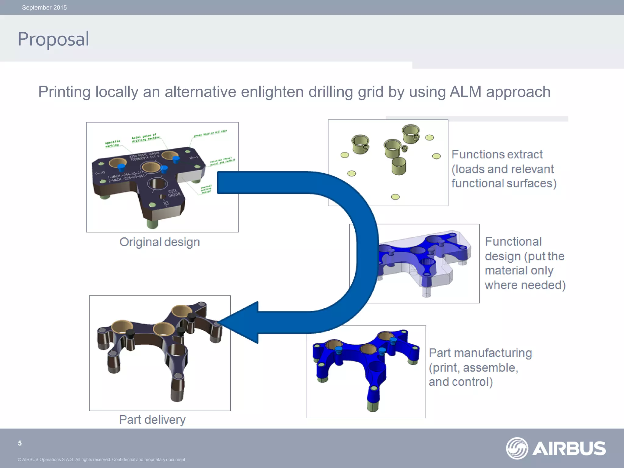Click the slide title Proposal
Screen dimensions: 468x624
click(x=53, y=39)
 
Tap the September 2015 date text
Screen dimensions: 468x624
click(x=44, y=8)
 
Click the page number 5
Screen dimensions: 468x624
click(x=20, y=443)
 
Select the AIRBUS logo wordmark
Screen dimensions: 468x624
click(x=569, y=448)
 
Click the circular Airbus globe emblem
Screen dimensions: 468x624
click(x=517, y=448)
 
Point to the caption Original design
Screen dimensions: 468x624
click(x=159, y=242)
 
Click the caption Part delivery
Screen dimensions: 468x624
click(x=152, y=420)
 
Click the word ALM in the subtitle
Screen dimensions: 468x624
click(x=466, y=92)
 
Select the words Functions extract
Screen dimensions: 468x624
click(x=497, y=154)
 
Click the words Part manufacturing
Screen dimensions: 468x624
click(x=480, y=353)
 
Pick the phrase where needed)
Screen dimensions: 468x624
click(x=525, y=285)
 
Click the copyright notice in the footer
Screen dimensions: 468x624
click(x=102, y=459)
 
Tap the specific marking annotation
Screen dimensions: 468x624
click(x=112, y=144)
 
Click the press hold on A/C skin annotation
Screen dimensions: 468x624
click(x=210, y=133)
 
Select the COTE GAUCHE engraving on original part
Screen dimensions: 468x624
click(x=174, y=193)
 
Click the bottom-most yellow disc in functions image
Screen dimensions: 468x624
click(x=395, y=197)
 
